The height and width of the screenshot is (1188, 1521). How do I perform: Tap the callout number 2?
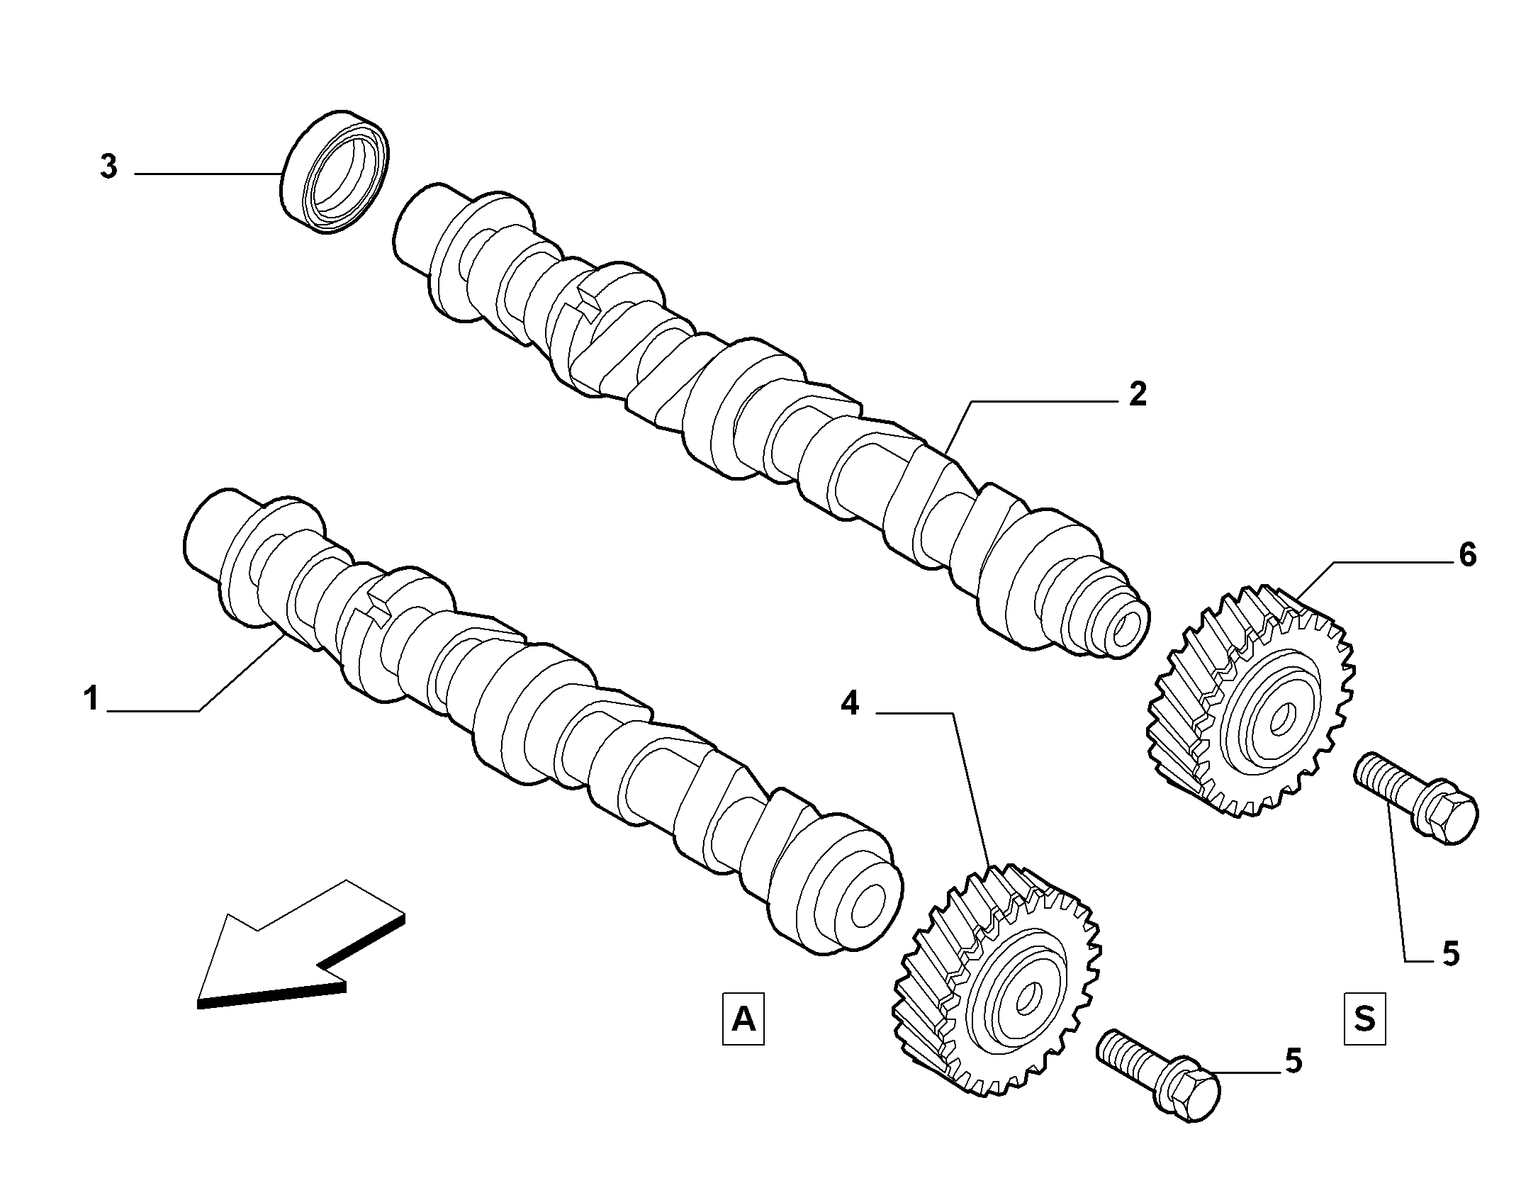(x=1137, y=394)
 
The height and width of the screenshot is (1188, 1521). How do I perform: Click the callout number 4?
(x=850, y=705)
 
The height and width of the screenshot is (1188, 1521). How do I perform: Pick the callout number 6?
(x=1467, y=554)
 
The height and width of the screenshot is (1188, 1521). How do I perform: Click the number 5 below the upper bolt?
(x=1450, y=954)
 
